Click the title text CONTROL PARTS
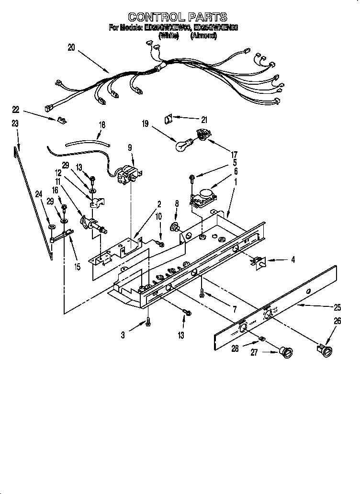tap(177, 18)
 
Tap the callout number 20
tap(71, 47)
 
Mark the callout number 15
tap(77, 267)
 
